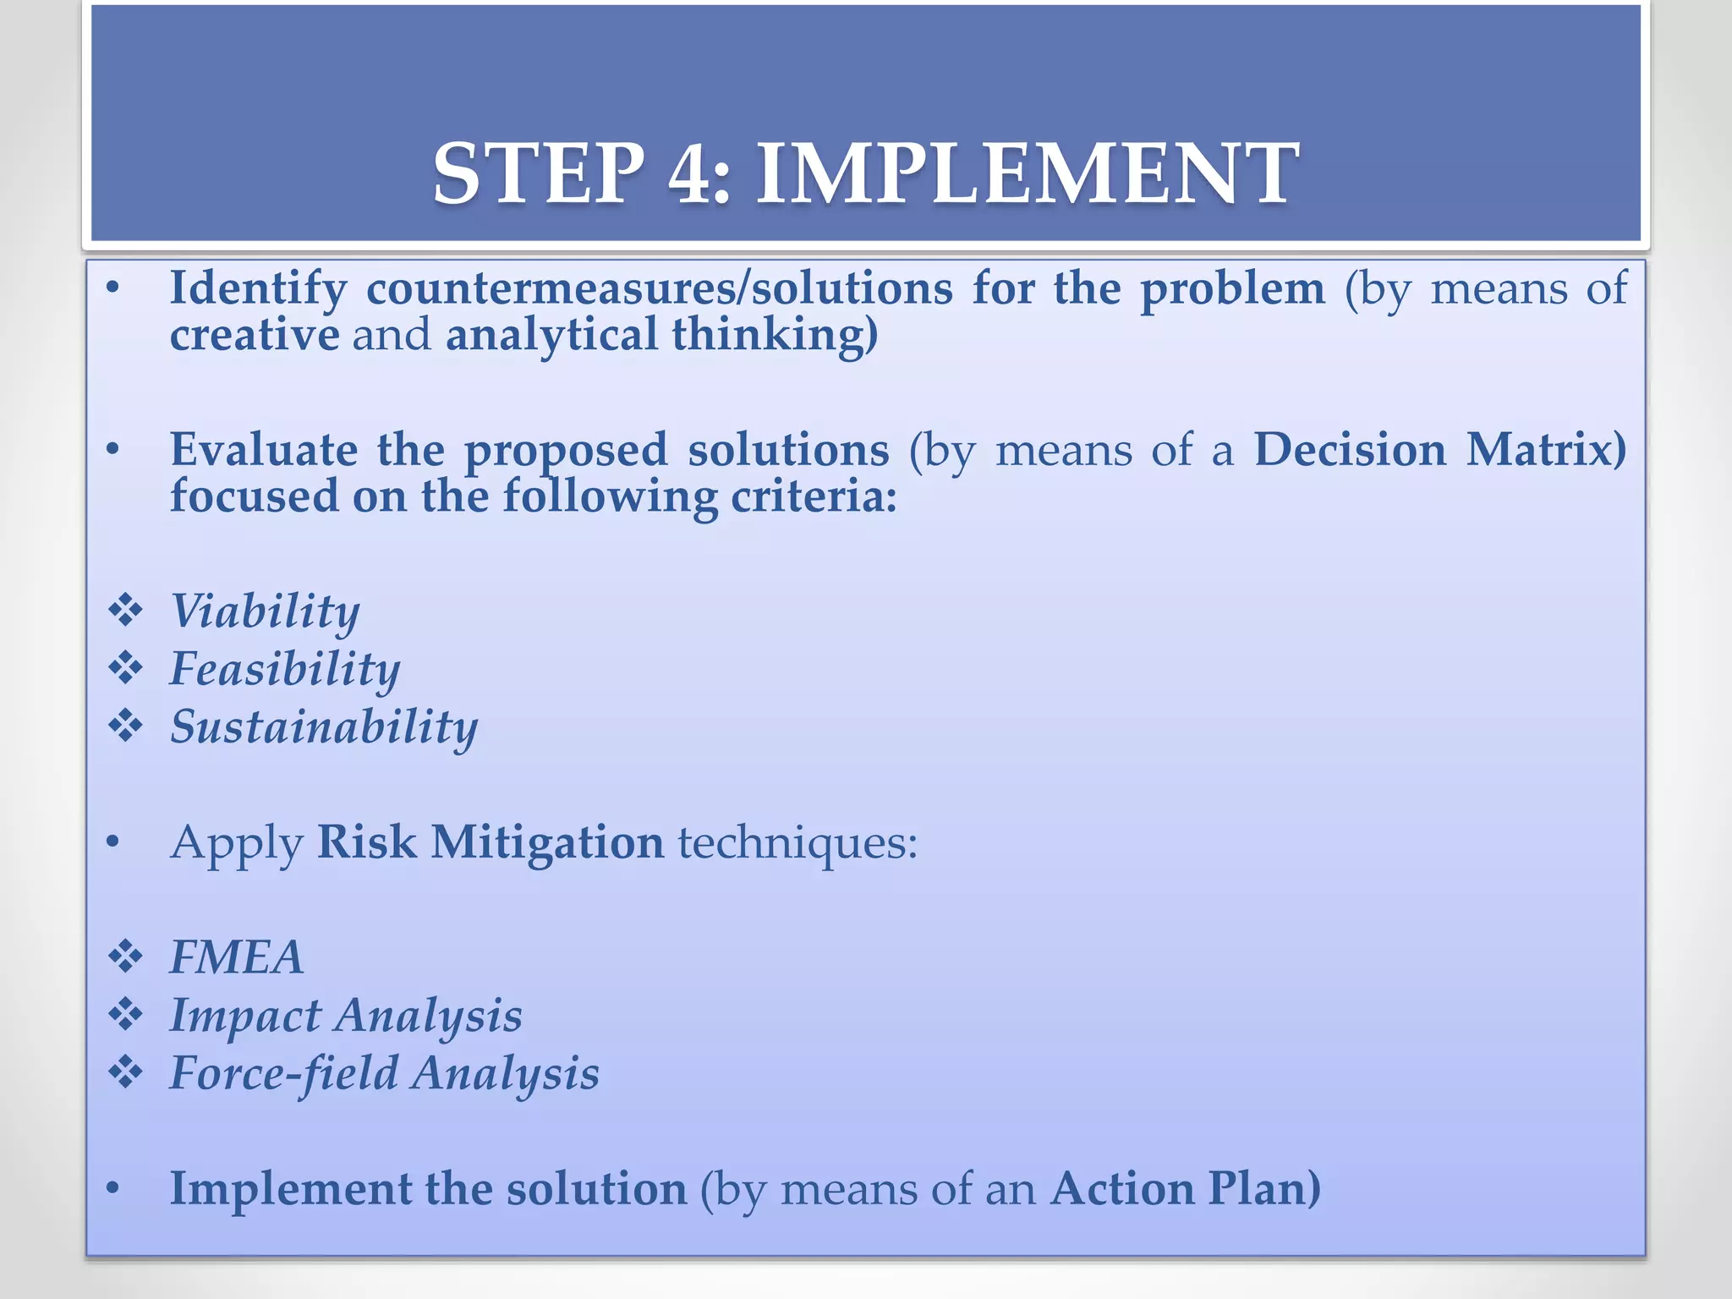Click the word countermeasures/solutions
[x=659, y=288]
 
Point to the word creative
[x=255, y=335]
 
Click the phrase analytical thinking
[x=661, y=335]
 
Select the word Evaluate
[x=263, y=449]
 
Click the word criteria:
[x=813, y=496]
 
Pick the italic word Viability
[x=265, y=611]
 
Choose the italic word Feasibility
[x=285, y=669]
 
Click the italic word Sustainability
[x=324, y=726]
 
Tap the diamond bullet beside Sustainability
[x=126, y=726]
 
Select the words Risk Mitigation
[x=491, y=842]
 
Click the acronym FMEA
[x=236, y=957]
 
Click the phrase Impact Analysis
[x=346, y=1016]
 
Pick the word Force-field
[x=283, y=1073]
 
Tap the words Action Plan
[x=1184, y=1189]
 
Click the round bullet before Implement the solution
[x=112, y=1189]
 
